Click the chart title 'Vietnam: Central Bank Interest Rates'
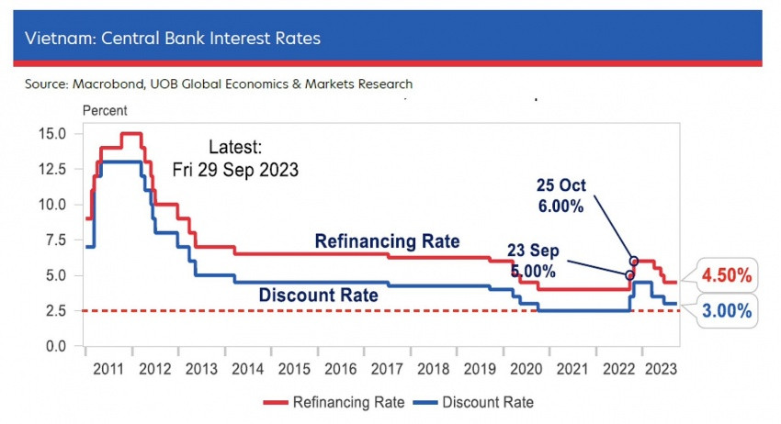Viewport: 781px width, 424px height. [x=173, y=39]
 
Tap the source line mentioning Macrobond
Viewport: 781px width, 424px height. [x=219, y=84]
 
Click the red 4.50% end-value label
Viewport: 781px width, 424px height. [x=728, y=274]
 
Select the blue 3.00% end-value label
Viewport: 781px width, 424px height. [x=728, y=311]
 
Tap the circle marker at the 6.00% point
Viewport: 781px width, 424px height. [x=634, y=262]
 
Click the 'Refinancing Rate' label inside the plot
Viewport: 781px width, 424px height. [x=387, y=240]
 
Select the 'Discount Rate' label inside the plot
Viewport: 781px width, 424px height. [x=319, y=296]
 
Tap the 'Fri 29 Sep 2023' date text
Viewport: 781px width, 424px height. [x=235, y=171]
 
